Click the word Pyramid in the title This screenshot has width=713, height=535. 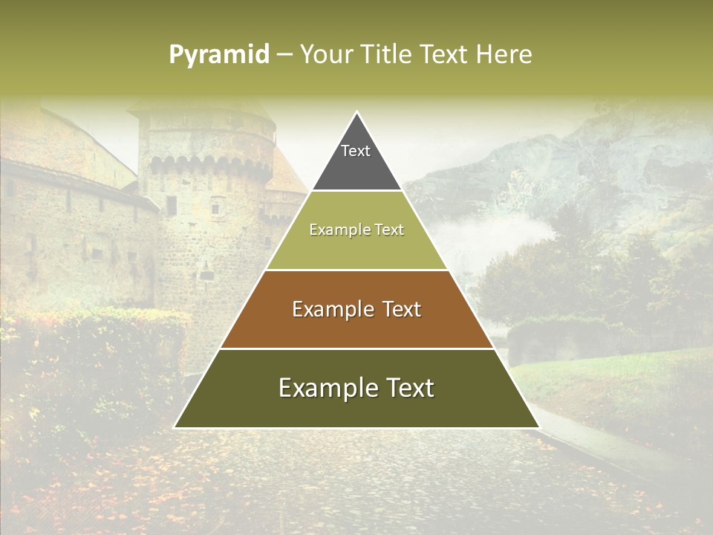[x=219, y=55]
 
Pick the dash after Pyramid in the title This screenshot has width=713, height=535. [x=284, y=55]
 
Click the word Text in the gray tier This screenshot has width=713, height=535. [x=356, y=151]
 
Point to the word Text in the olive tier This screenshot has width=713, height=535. [x=389, y=230]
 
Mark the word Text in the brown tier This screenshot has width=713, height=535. [x=402, y=309]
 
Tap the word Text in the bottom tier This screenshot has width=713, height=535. [x=408, y=388]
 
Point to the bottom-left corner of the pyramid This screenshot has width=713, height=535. [x=175, y=427]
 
